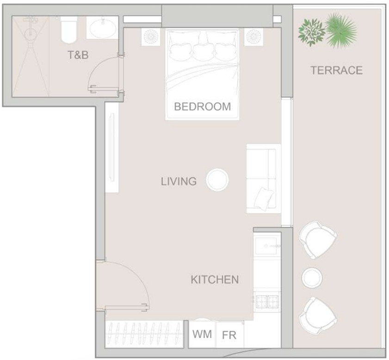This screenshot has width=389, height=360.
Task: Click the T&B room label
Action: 78,55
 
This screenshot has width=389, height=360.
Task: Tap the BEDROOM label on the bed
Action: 203,106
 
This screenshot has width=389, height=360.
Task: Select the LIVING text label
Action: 179,181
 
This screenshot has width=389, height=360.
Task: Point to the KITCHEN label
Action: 215,279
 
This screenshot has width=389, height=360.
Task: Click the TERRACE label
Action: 336,70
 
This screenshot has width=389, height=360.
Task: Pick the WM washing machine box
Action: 202,335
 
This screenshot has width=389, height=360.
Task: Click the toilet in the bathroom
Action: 68,30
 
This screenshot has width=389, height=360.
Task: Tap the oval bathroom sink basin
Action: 103,28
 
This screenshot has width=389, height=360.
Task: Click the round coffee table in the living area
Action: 217,180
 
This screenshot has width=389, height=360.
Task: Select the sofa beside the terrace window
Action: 264,179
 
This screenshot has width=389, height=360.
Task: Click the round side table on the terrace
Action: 312,277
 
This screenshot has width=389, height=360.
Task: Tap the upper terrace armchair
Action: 318,240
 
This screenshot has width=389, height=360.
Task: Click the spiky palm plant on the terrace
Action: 341,30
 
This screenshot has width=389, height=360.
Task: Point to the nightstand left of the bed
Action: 151,37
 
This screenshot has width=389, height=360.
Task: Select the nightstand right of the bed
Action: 253,37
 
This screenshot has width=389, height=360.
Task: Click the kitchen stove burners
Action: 267,301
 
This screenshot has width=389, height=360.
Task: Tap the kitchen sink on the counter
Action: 267,246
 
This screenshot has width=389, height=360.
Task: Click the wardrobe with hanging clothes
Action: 144,334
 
